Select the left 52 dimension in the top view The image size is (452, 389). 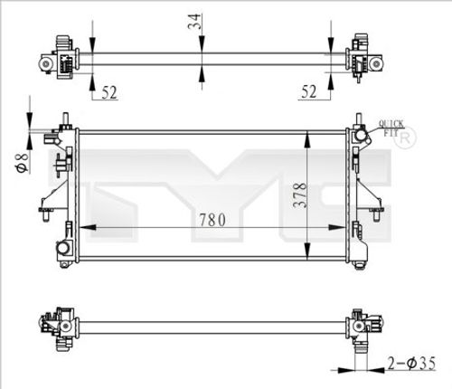(x=108, y=90)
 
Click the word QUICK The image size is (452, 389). (x=391, y=123)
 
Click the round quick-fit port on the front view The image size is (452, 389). (x=361, y=135)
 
